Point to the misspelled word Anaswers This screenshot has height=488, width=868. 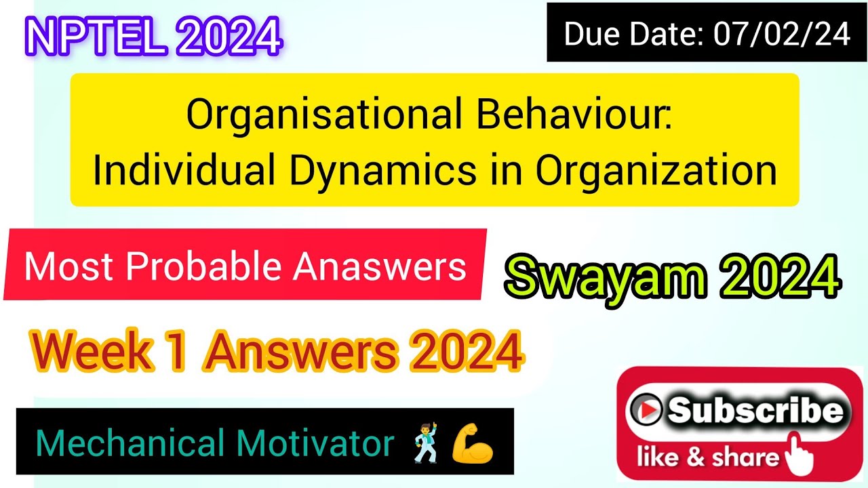(x=380, y=267)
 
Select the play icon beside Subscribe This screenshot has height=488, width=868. (x=646, y=409)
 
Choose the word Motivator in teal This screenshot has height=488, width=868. (x=315, y=444)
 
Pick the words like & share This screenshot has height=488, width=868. (x=709, y=458)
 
